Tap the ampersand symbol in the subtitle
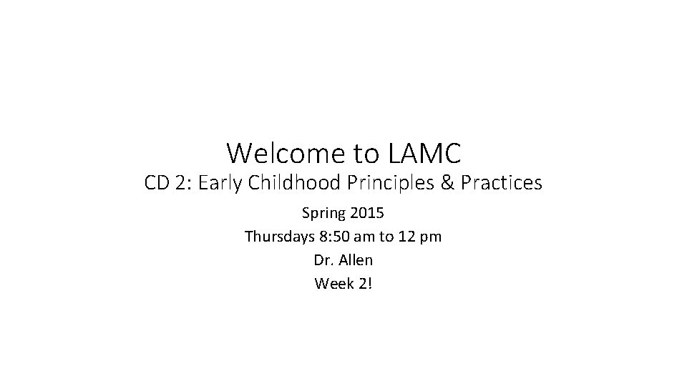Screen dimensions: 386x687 click(447, 184)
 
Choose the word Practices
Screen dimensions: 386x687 click(502, 184)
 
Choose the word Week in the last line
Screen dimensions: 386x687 click(332, 283)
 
